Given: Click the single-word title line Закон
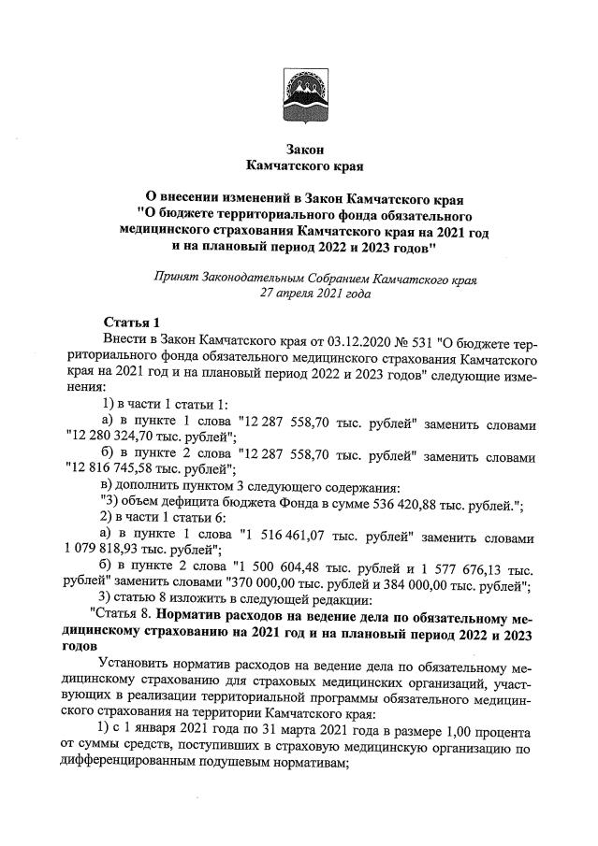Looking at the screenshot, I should coord(299,150).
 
